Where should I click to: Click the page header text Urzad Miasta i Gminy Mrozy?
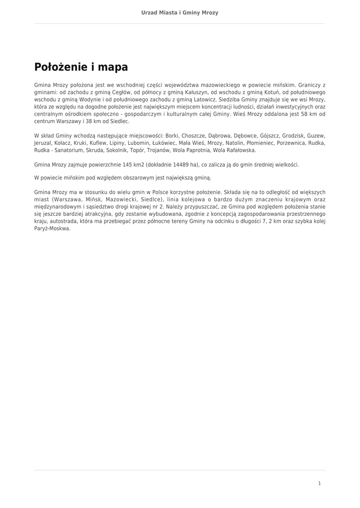pos(180,12)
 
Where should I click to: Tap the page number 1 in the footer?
pos(319,483)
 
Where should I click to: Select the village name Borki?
pos(172,135)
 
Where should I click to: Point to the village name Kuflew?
pos(97,143)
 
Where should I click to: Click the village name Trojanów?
pos(157,150)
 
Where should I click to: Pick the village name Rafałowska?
pos(242,150)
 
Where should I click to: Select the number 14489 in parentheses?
pos(180,165)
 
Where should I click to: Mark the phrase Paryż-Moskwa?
pos(53,229)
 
